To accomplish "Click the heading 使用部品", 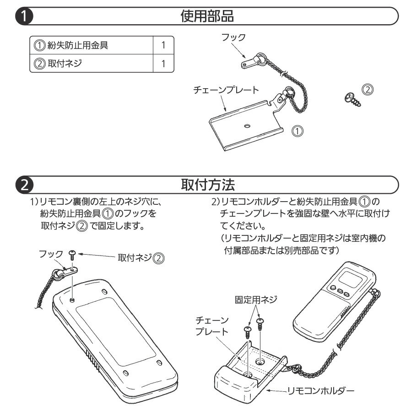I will (207, 16).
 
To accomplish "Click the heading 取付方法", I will (207, 185).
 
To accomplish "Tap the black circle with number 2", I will (23, 185).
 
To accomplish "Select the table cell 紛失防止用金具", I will (78, 45).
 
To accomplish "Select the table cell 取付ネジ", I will (65, 63).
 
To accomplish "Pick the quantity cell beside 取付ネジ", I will (163, 63).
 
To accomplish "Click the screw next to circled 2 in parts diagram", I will (354, 99).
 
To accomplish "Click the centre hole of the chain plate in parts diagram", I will (247, 125).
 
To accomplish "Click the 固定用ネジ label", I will (256, 300).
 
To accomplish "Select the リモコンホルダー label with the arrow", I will (320, 391).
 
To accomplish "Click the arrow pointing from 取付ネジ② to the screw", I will (96, 256).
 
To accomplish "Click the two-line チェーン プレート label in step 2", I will (211, 325).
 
